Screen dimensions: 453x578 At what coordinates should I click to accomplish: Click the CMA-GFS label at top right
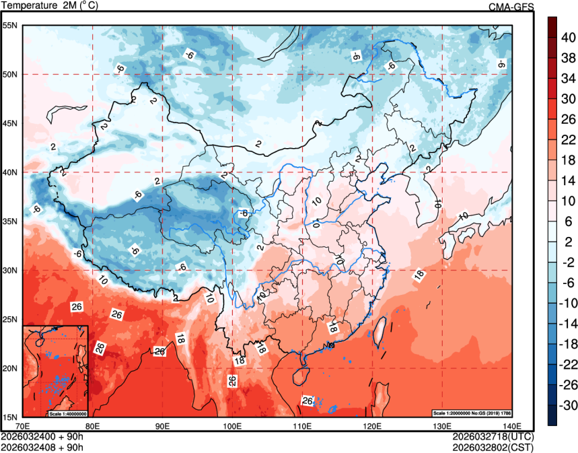click(511, 7)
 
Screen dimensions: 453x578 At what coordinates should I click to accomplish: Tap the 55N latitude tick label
click(10, 26)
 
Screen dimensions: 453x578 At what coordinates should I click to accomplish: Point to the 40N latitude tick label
click(10, 172)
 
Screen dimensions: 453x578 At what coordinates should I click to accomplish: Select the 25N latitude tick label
click(10, 319)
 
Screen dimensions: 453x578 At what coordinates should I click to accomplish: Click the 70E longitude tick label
click(22, 425)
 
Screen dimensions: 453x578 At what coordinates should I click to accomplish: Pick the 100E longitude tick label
click(232, 425)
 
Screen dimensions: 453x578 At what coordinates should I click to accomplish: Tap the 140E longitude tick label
click(511, 425)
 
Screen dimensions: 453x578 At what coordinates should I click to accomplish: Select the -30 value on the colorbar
click(569, 405)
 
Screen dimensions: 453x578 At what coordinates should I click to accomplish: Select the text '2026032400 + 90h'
click(42, 436)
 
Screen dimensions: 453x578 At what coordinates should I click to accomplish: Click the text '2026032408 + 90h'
click(42, 446)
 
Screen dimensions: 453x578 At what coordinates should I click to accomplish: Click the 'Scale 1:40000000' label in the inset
click(68, 413)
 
